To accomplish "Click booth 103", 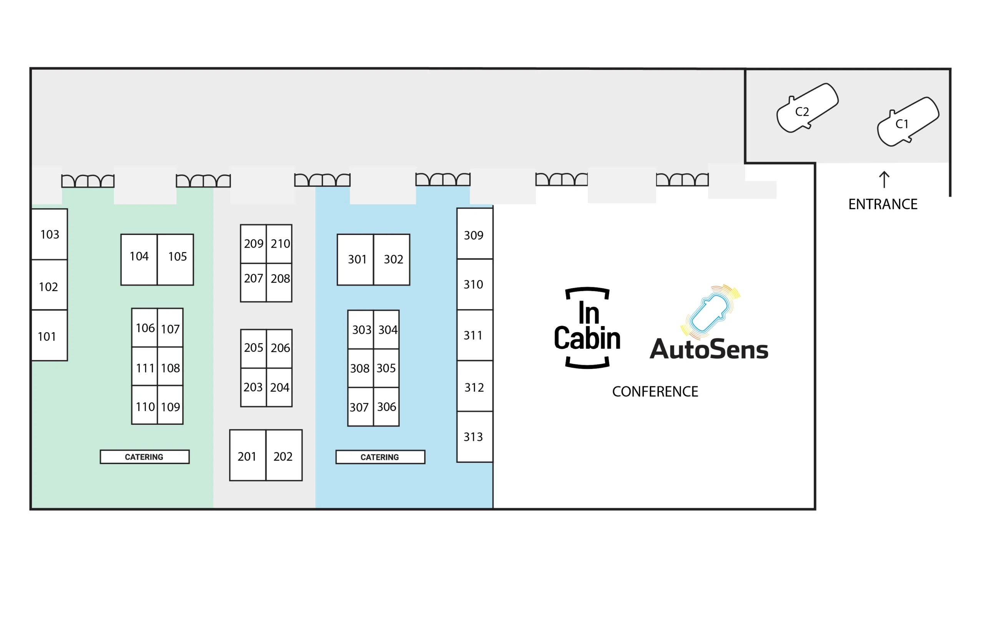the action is tap(50, 234).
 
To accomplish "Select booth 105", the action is tap(175, 259).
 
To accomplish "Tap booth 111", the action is tap(145, 367).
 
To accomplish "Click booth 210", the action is tap(279, 244).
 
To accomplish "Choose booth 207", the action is tap(253, 283).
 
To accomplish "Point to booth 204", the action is tap(279, 388).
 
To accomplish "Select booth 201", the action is tap(248, 455).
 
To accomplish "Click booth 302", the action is tap(391, 259).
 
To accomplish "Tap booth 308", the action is tap(361, 368).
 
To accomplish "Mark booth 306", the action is tap(386, 407).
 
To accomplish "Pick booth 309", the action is tap(475, 234).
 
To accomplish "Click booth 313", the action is tap(475, 437).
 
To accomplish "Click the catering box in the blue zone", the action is tap(381, 457).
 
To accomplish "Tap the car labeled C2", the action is tap(807, 108).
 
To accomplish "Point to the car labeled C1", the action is tap(908, 122).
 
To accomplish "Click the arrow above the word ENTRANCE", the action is tap(884, 180).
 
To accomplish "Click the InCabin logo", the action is tap(587, 328).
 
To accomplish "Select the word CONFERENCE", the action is tap(655, 391).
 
